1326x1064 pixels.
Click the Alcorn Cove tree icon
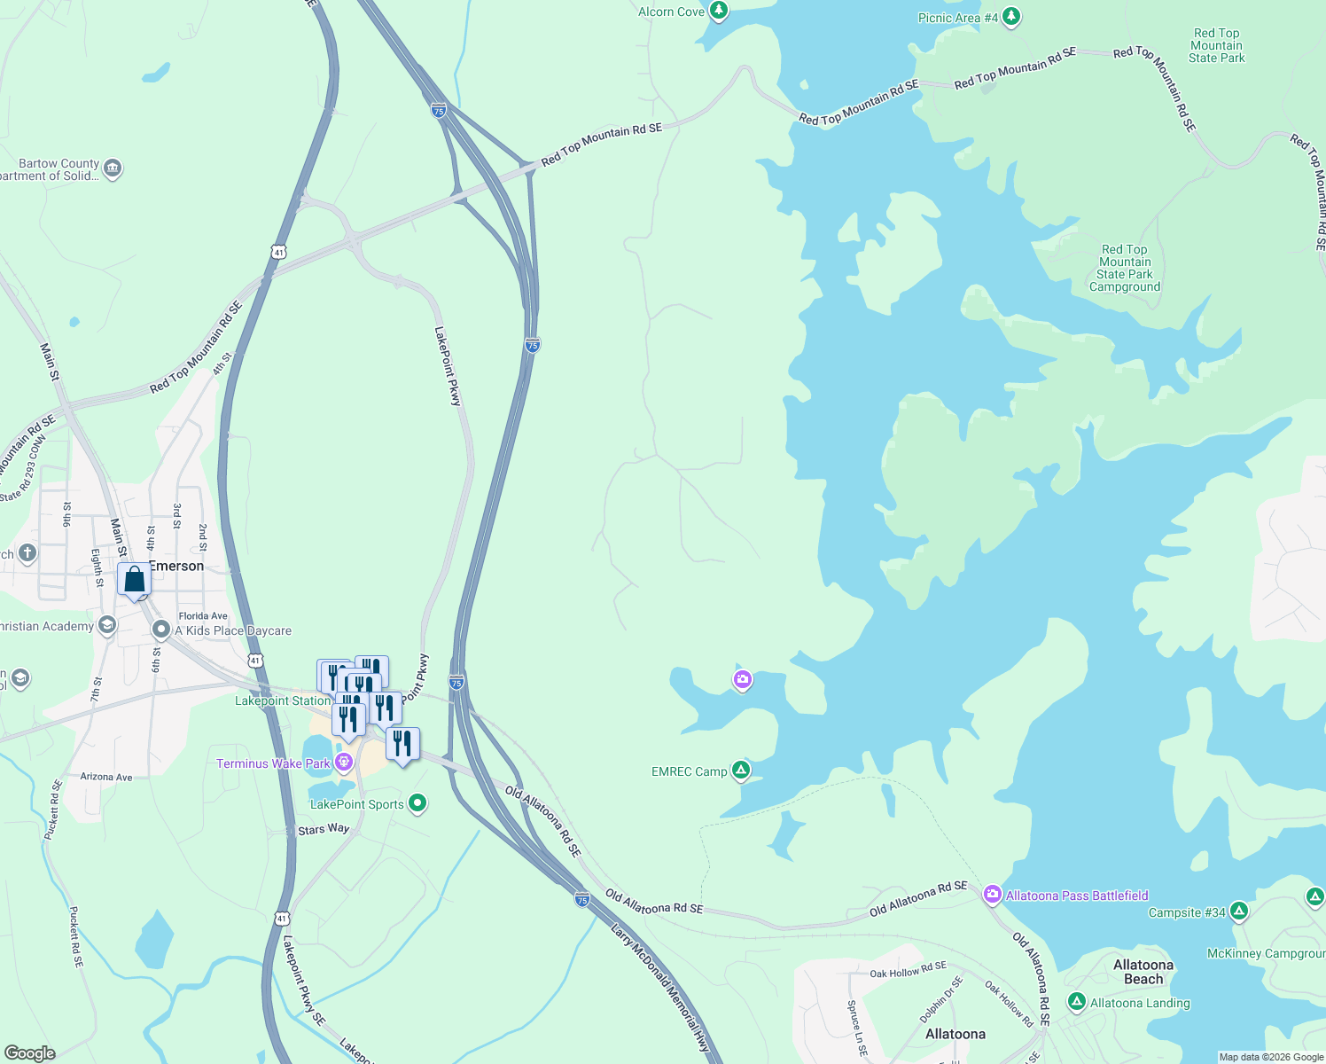719,12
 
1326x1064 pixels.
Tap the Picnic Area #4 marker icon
1011,17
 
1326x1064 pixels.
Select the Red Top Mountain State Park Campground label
1125,269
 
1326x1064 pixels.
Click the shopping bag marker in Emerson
135,581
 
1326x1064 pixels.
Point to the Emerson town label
177,566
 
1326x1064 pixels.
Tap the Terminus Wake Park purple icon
344,763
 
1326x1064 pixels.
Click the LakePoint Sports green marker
417,803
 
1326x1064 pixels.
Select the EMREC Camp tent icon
741,771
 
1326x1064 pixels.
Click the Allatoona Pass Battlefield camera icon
993,895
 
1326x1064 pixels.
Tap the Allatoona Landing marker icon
1077,1002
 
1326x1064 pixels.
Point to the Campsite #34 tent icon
1239,911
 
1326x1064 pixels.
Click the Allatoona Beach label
1143,972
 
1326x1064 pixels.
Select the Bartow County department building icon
113,168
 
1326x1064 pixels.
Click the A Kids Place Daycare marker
161,630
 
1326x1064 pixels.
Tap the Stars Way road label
324,829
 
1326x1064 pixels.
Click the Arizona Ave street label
106,777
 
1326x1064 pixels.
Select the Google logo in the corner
29,1052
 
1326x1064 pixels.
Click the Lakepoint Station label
283,700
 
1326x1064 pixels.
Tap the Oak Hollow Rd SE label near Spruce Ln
908,970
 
